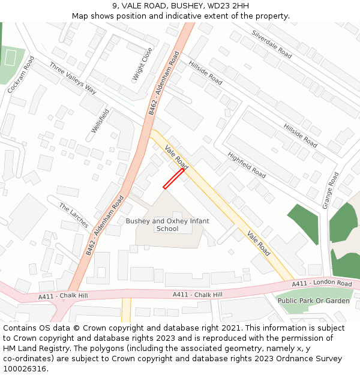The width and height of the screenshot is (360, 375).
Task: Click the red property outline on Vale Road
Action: click(x=173, y=179)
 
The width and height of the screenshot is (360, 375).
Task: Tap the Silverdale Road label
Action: click(x=272, y=44)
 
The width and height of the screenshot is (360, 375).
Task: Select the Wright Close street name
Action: click(x=142, y=65)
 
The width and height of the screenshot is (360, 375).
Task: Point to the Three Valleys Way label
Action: click(x=73, y=78)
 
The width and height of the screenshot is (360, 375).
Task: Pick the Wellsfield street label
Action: click(x=100, y=121)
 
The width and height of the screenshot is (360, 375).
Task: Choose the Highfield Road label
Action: click(x=247, y=164)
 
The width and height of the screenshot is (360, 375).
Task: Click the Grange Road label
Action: click(x=331, y=190)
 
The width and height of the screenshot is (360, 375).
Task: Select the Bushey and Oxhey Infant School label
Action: click(x=167, y=224)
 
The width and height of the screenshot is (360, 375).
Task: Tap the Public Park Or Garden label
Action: click(x=313, y=301)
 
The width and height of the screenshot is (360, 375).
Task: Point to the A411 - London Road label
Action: click(x=322, y=283)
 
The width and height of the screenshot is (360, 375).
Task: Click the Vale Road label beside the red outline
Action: click(x=176, y=157)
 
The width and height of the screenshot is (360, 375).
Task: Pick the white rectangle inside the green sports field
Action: click(x=10, y=58)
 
